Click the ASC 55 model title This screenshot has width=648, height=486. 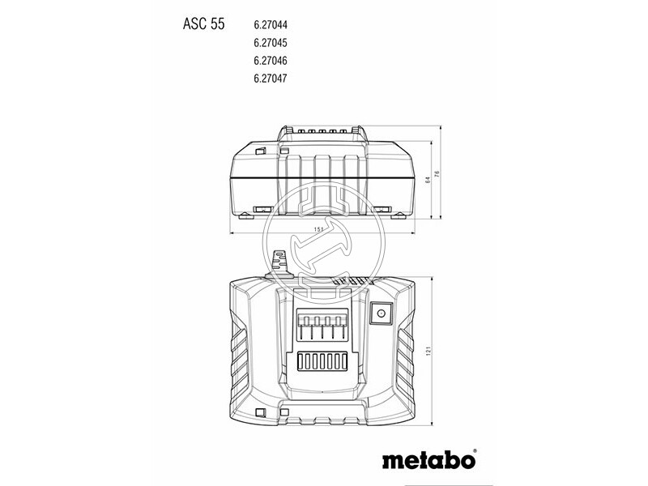click(204, 24)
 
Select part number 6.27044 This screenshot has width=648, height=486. click(271, 25)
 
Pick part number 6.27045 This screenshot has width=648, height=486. click(271, 43)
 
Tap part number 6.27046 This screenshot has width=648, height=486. click(271, 61)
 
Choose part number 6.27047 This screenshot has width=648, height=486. click(271, 79)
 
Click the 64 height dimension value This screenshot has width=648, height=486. click(428, 180)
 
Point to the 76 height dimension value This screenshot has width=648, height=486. click(437, 173)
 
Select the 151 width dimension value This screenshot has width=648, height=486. click(318, 229)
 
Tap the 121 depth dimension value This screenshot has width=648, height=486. click(428, 351)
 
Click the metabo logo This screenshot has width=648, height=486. click(428, 460)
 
